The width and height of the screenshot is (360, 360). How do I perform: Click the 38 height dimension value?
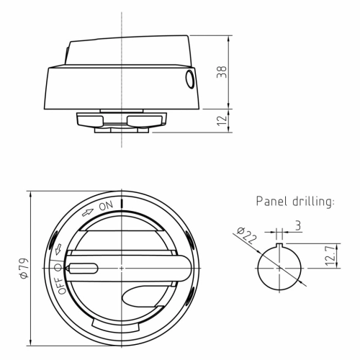[x=222, y=72]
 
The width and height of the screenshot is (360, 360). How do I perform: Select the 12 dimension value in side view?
[x=222, y=120]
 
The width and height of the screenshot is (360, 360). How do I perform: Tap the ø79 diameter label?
[x=24, y=269]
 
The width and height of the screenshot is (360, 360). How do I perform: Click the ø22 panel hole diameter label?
[x=246, y=235]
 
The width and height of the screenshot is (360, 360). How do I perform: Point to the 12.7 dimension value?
[x=330, y=255]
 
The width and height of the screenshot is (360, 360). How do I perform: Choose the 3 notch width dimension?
[x=298, y=226]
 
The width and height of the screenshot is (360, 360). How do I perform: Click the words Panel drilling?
[x=295, y=201]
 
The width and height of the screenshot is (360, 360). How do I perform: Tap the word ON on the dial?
[x=106, y=206]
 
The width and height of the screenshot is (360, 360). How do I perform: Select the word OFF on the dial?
[x=61, y=286]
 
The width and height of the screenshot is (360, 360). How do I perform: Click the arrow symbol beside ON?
[x=88, y=212]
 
